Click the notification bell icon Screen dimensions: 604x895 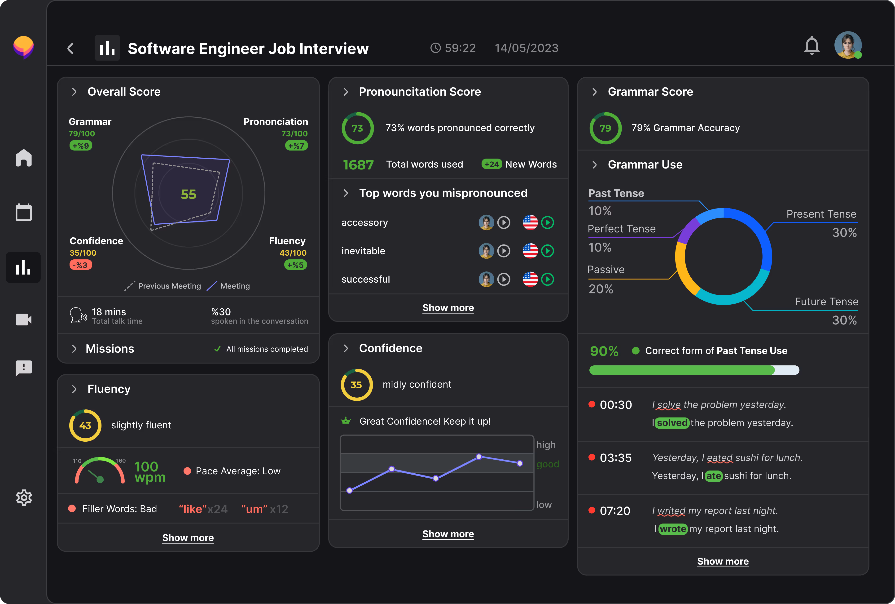[x=812, y=46]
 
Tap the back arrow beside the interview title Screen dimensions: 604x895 [x=70, y=49]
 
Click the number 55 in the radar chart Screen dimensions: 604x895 [x=189, y=194]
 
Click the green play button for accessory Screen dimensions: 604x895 [x=547, y=223]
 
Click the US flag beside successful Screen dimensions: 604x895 [x=530, y=279]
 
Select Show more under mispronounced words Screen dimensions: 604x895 [x=448, y=308]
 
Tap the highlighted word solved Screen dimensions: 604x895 [x=672, y=423]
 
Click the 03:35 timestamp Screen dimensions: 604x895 [x=615, y=458]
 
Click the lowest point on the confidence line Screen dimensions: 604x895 [x=350, y=490]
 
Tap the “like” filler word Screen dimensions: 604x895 [x=193, y=509]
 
